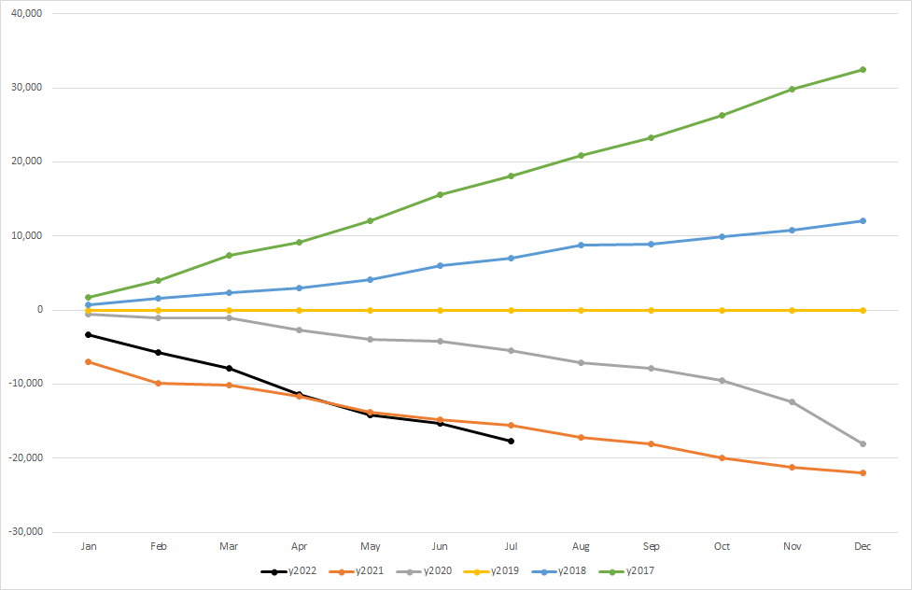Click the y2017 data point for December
863,69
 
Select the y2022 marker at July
511,441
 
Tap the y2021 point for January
89,361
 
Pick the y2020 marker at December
863,443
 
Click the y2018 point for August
581,245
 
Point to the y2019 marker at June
440,310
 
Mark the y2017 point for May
370,220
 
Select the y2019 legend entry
502,570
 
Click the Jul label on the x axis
511,547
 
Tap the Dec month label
863,547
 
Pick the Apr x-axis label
299,547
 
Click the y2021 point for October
722,457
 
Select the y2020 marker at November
793,401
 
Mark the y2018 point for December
863,220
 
